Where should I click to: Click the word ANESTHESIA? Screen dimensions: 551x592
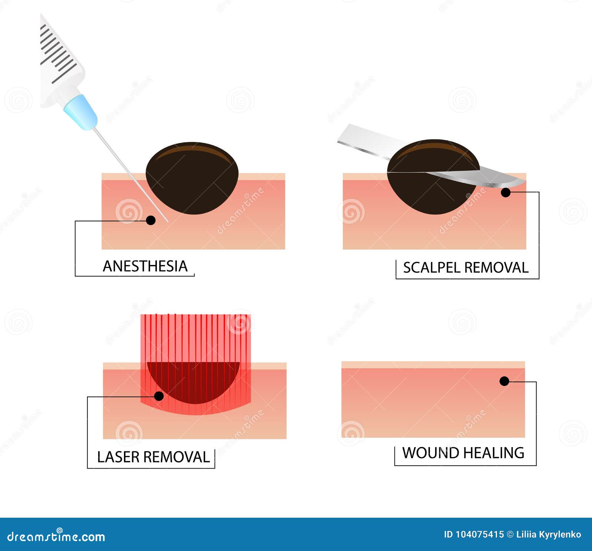click(x=145, y=266)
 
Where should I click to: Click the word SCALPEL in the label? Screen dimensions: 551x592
click(x=431, y=268)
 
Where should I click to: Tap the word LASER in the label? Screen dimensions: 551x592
click(x=118, y=457)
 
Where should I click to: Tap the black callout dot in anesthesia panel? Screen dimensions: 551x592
click(x=151, y=220)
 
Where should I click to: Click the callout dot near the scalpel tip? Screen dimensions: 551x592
click(x=506, y=192)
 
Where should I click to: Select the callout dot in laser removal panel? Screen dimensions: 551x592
click(x=159, y=396)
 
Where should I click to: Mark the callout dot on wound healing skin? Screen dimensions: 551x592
click(x=504, y=381)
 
